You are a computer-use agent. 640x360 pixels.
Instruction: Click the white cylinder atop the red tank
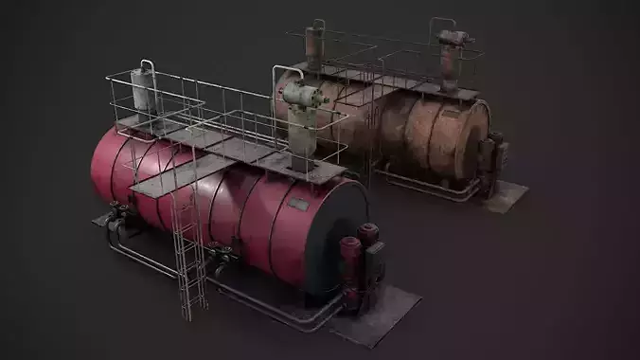145,95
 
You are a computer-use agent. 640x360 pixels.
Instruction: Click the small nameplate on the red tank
298,204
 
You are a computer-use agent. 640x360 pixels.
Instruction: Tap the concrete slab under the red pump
383,313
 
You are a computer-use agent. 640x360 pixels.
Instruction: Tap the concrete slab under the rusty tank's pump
507,193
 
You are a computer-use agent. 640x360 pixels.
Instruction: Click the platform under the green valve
312,171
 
